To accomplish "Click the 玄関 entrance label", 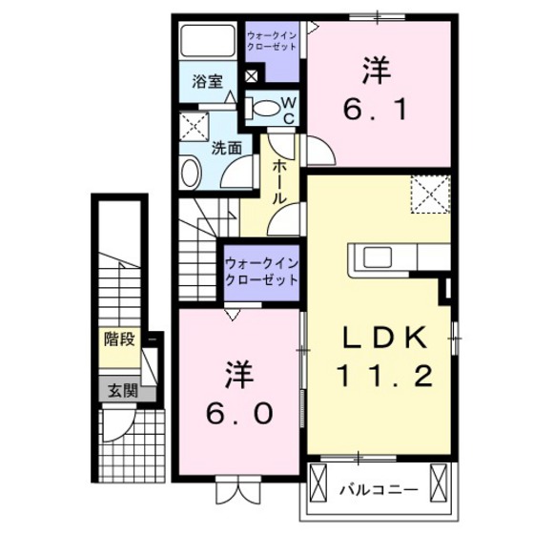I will click(x=121, y=389).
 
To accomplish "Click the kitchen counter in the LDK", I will click(x=400, y=257).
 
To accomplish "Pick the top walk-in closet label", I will click(x=272, y=41).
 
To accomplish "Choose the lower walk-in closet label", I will click(x=260, y=272).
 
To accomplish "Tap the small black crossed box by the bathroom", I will click(x=251, y=76).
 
